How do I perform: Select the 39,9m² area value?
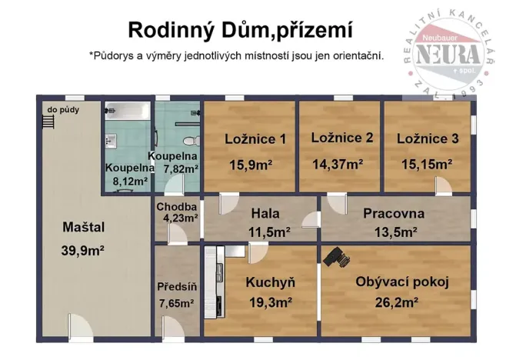[x=82, y=251]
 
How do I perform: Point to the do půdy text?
[x=62, y=110]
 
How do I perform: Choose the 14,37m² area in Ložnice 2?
[x=337, y=163]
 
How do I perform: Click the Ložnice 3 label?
[x=428, y=139]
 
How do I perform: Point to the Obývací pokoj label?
[x=401, y=282]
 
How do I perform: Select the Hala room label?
[x=265, y=213]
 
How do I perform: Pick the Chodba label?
[x=177, y=207]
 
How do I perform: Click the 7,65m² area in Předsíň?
[x=176, y=303]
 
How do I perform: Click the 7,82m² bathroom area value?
[x=178, y=168]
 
